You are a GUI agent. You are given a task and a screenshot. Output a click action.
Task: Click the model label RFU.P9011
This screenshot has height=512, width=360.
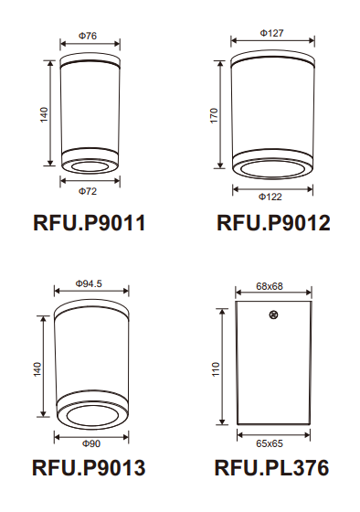(88, 222)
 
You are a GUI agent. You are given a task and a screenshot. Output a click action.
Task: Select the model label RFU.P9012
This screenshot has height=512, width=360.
(273, 222)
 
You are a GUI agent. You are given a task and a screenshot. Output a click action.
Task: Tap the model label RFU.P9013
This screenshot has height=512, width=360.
(88, 469)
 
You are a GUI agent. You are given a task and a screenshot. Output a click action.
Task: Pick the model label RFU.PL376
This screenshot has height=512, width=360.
(271, 469)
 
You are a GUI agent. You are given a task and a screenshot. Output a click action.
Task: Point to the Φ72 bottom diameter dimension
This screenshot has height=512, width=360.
(88, 191)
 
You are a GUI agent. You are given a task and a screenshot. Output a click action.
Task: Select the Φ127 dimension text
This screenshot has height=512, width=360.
(271, 33)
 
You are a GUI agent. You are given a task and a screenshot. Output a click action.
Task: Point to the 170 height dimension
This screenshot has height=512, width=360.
(214, 116)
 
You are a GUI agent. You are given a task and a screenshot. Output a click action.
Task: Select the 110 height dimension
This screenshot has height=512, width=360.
(217, 369)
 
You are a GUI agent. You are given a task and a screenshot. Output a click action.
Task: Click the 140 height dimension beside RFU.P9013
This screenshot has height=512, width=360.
(37, 368)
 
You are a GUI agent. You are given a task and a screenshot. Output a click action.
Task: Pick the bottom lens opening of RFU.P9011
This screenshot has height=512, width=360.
(89, 167)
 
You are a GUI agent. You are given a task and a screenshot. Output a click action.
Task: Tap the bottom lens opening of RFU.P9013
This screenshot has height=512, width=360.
(91, 418)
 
